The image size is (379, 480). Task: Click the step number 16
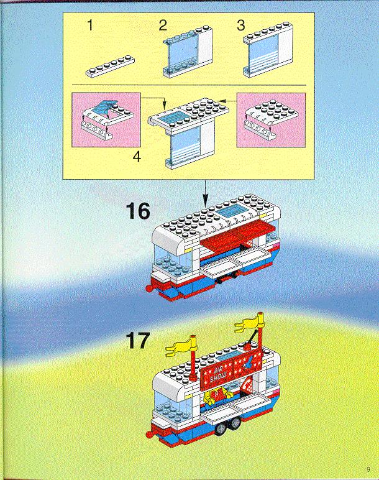(x=138, y=211)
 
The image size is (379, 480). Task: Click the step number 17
(x=138, y=340)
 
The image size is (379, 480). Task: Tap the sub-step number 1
(x=90, y=25)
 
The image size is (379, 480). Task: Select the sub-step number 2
(x=163, y=25)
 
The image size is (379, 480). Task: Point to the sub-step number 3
(x=241, y=25)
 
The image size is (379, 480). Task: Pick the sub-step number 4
(x=137, y=157)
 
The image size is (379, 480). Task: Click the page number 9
(x=368, y=469)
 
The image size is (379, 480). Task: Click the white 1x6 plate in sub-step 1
(x=110, y=67)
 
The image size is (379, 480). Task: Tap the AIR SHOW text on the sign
(x=218, y=375)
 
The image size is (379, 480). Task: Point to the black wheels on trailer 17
(x=227, y=426)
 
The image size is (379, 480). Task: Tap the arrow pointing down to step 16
(x=205, y=193)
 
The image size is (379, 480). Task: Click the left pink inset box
(x=106, y=120)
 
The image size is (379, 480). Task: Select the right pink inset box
(x=271, y=120)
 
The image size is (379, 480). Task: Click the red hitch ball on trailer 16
(x=149, y=288)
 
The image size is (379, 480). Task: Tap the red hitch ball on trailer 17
(x=149, y=435)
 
